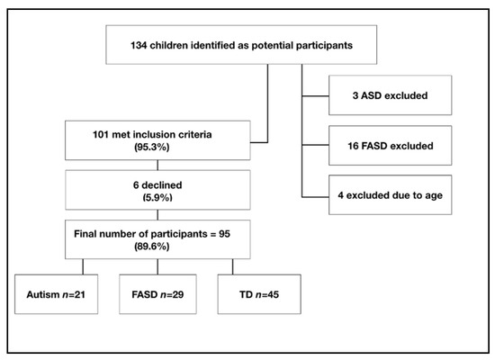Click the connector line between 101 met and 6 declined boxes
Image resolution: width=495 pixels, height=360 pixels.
[158, 165]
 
